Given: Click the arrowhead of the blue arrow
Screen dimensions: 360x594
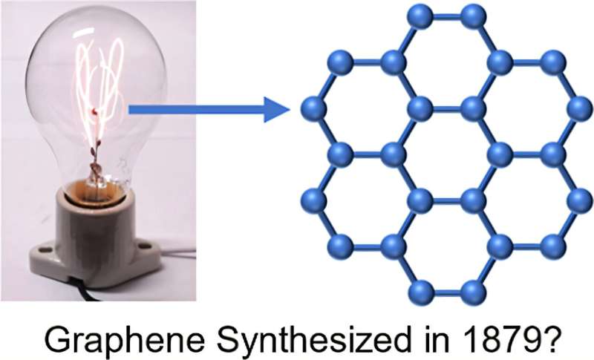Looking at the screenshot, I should tap(276, 110).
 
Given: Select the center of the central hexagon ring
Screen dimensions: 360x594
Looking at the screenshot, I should tap(446, 154).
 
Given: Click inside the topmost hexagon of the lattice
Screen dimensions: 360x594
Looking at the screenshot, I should tap(446, 62).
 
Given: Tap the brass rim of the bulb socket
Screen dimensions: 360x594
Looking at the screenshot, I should tap(94, 192).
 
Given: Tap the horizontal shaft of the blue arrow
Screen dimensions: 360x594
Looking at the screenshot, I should tap(193, 110).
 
